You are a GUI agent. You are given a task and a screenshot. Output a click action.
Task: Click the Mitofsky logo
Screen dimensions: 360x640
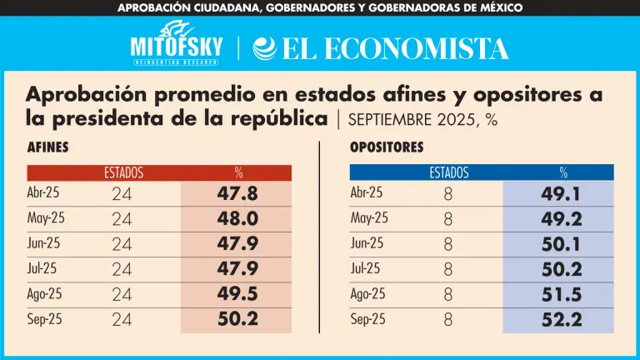pos(176,47)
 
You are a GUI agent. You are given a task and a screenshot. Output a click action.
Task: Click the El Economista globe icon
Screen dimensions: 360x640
pos(264,48)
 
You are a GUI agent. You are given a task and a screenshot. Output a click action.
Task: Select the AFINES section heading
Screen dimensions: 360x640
pos(47,147)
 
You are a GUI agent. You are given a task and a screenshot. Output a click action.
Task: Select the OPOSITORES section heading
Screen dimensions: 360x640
pos(387,147)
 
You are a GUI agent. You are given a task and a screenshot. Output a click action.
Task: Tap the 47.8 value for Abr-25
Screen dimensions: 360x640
pos(237,194)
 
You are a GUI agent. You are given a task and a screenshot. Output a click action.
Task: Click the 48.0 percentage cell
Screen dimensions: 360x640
pos(237,219)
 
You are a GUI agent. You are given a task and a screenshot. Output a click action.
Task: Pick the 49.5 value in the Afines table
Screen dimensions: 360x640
pos(237,294)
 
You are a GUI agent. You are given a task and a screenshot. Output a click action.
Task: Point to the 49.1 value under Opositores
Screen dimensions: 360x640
pos(560,194)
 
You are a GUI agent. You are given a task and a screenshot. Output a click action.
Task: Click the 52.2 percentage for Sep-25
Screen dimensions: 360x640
pos(560,319)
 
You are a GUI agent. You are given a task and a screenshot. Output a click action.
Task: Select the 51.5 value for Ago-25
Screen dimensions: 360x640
pos(560,294)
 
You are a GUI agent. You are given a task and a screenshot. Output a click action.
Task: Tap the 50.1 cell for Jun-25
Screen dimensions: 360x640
pos(560,244)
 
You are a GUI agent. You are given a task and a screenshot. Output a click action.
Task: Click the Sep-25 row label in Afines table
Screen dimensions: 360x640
pos(44,318)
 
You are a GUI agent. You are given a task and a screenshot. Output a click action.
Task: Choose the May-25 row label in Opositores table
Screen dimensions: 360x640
pos(369,218)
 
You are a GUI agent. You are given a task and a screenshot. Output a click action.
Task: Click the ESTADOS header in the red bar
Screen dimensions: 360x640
pos(123,173)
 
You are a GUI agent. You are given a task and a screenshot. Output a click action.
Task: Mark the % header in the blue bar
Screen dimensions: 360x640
pos(563,173)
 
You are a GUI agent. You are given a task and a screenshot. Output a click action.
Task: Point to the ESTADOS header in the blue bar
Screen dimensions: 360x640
pos(448,173)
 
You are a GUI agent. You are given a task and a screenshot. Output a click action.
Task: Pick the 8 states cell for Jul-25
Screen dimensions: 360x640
pos(447,269)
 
